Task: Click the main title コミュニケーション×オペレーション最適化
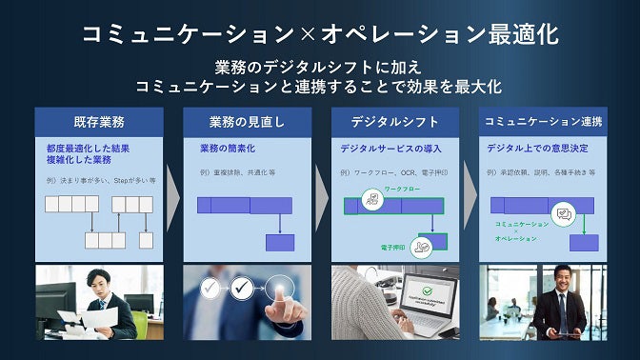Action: point(319,35)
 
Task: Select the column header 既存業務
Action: point(98,122)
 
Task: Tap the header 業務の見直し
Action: point(247,122)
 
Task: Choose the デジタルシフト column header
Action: point(395,122)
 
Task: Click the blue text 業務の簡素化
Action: point(227,150)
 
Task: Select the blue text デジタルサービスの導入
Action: point(390,150)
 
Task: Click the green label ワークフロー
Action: point(400,190)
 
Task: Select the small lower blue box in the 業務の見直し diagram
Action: point(279,242)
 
